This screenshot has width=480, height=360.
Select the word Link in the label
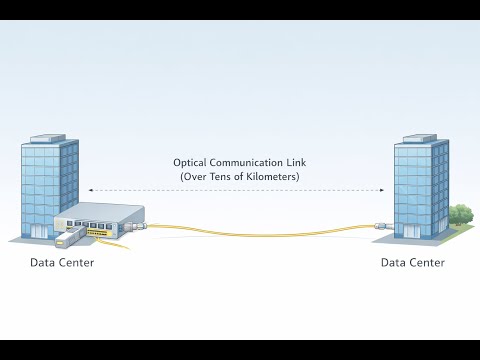tap(296, 163)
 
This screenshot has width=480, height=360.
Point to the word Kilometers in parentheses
tap(272, 176)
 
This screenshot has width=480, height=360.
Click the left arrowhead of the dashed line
tap(91, 190)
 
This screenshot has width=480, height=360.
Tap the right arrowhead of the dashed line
tap(382, 190)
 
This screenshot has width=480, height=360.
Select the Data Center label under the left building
tap(62, 263)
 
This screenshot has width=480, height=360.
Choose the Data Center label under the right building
tap(413, 263)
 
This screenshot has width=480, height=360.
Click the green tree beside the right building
tap(461, 214)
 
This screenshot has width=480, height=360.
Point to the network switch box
tap(100, 221)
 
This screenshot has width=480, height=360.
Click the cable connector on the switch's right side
tap(135, 226)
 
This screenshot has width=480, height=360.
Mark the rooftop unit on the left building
tap(48, 138)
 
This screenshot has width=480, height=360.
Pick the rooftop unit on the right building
tap(419, 138)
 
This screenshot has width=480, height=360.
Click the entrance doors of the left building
tap(39, 231)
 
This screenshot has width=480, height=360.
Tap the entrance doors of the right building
tap(412, 232)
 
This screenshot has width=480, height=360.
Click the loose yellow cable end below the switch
tap(113, 244)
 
